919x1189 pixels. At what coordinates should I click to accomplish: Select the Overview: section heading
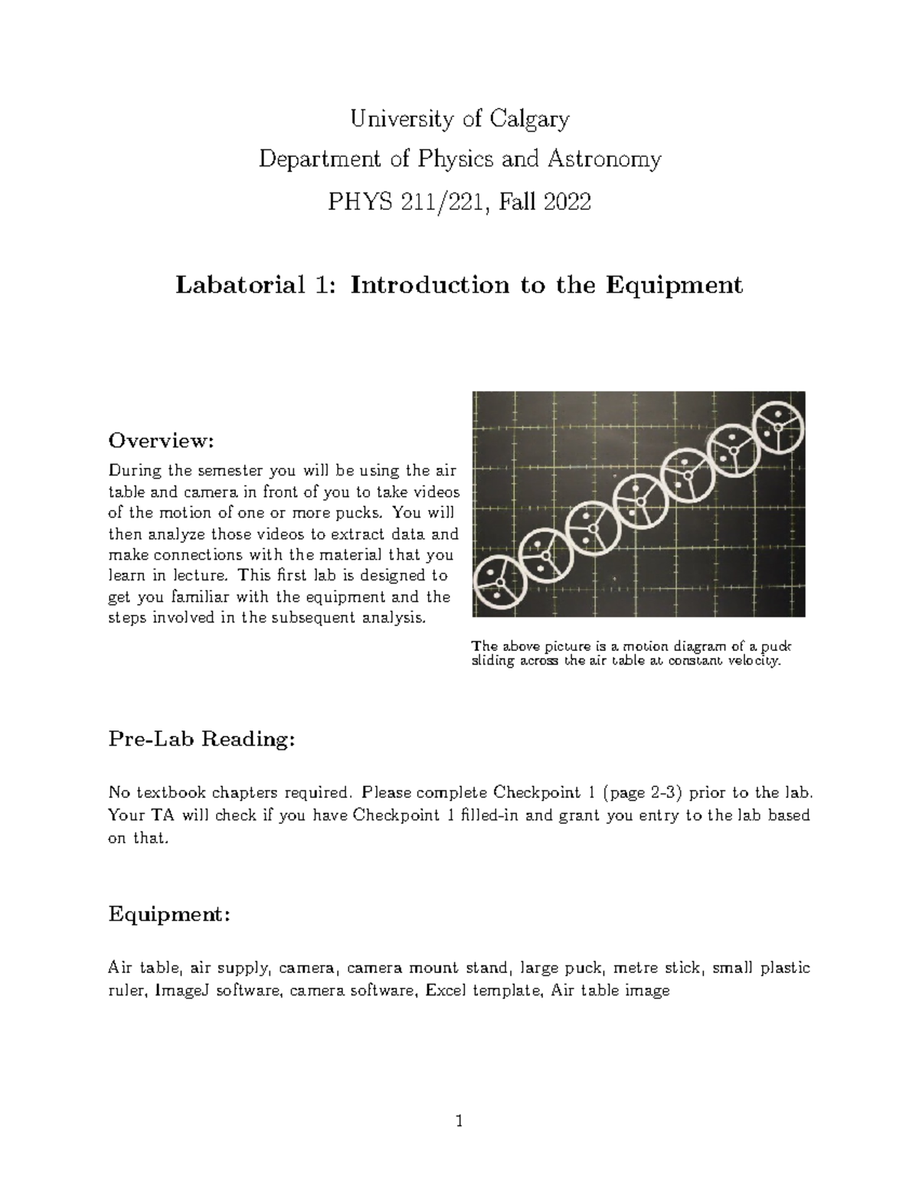160,441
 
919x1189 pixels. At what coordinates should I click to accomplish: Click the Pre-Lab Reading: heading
201,740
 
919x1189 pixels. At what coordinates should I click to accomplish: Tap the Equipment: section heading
169,915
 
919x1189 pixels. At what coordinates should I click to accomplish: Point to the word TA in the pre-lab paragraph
162,815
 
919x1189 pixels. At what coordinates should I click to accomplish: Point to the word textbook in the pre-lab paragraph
166,792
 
